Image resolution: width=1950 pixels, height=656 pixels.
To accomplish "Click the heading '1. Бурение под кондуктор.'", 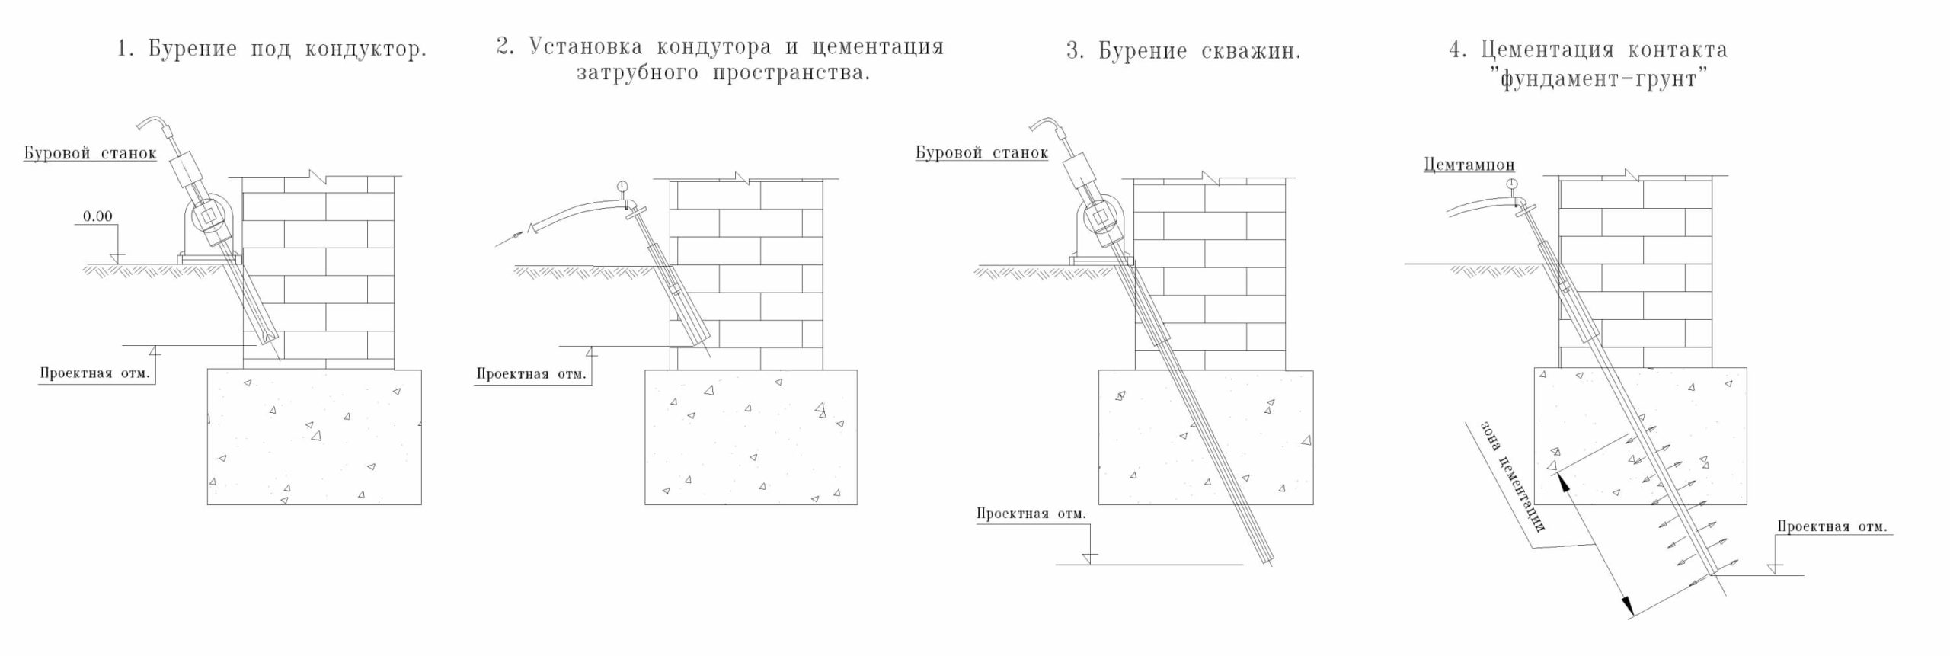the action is coord(271,50).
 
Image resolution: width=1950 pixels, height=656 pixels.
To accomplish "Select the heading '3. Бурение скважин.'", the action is coord(1184,51).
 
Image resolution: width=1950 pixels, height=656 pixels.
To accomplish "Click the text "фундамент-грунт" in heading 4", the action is coord(1598,78).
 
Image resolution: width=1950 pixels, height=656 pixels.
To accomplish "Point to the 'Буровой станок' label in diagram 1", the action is coord(90,153).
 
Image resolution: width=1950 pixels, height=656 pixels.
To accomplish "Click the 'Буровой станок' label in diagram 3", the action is coord(981,153).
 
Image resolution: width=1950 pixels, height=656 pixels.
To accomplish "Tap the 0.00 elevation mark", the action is coord(97,216).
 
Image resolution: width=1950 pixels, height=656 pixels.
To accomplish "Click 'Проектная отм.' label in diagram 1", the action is coord(94,373).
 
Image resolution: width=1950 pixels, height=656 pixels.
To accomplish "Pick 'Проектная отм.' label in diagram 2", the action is coord(531,373).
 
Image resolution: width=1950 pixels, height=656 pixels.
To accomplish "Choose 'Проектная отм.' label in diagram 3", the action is coord(1031,514).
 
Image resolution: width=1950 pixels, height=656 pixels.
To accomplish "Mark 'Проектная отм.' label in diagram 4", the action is coord(1832,527).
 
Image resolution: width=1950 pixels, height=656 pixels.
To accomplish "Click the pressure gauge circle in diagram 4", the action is coord(1511,183).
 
